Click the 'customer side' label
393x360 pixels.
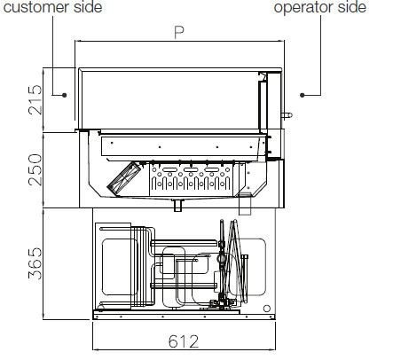52,7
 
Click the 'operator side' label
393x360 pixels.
320,7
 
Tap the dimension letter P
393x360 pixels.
179,33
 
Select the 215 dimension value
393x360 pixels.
35,100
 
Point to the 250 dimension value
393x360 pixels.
35,169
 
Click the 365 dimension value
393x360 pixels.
35,263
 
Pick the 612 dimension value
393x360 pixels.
184,341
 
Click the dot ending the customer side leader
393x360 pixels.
64,95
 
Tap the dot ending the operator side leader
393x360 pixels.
303,95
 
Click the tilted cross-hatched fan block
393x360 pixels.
123,178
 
